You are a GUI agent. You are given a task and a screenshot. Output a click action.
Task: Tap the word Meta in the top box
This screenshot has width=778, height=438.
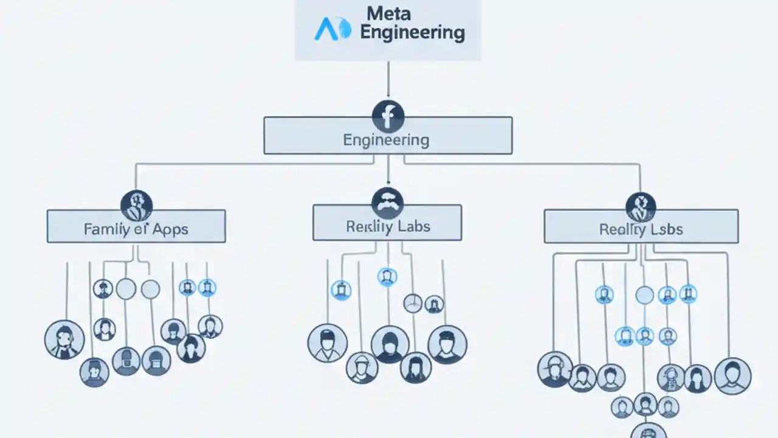coord(388,13)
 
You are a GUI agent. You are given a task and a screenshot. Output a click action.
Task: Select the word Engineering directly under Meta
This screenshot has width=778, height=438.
coord(412,32)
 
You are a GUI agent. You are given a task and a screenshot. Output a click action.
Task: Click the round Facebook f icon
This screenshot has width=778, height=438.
coord(388,116)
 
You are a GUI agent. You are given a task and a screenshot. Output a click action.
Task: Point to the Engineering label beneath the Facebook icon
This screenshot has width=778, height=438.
coord(386,140)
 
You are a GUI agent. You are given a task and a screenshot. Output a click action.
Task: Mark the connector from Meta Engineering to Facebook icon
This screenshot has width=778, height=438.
coord(388,79)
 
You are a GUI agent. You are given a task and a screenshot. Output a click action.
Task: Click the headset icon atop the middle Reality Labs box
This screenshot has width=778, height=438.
coord(387,202)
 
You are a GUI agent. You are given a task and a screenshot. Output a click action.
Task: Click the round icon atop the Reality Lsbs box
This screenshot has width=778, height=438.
coord(641,207)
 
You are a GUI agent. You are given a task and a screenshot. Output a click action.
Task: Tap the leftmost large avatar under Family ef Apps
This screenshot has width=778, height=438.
coord(64,339)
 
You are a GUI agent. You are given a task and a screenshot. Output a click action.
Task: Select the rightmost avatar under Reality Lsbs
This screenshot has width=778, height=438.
coord(732,376)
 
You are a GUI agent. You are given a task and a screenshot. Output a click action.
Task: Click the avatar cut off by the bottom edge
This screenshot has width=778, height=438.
coord(649,431)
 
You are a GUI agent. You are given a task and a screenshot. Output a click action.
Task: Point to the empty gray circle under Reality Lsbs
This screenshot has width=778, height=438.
coord(644,296)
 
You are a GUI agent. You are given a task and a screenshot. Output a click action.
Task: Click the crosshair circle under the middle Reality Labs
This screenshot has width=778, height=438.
coord(413,303)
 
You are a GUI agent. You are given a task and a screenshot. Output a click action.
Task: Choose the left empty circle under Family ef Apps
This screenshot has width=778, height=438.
coord(126,289)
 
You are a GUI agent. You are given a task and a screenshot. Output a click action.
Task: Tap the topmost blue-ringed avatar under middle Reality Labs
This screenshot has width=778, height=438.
coord(387,277)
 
